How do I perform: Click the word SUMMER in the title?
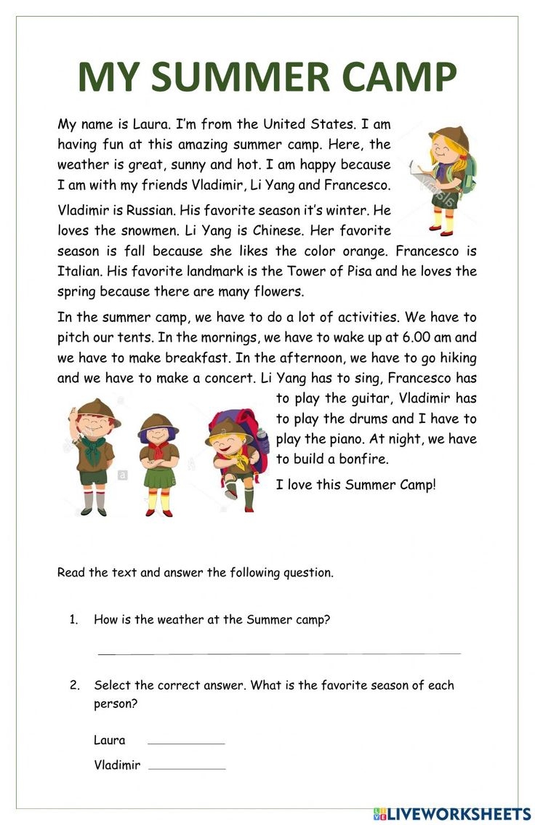pos(238,78)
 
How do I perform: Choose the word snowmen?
pos(142,230)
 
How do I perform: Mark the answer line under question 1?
pos(279,653)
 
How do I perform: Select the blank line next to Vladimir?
pos(187,768)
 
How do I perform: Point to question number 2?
pos(74,685)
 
